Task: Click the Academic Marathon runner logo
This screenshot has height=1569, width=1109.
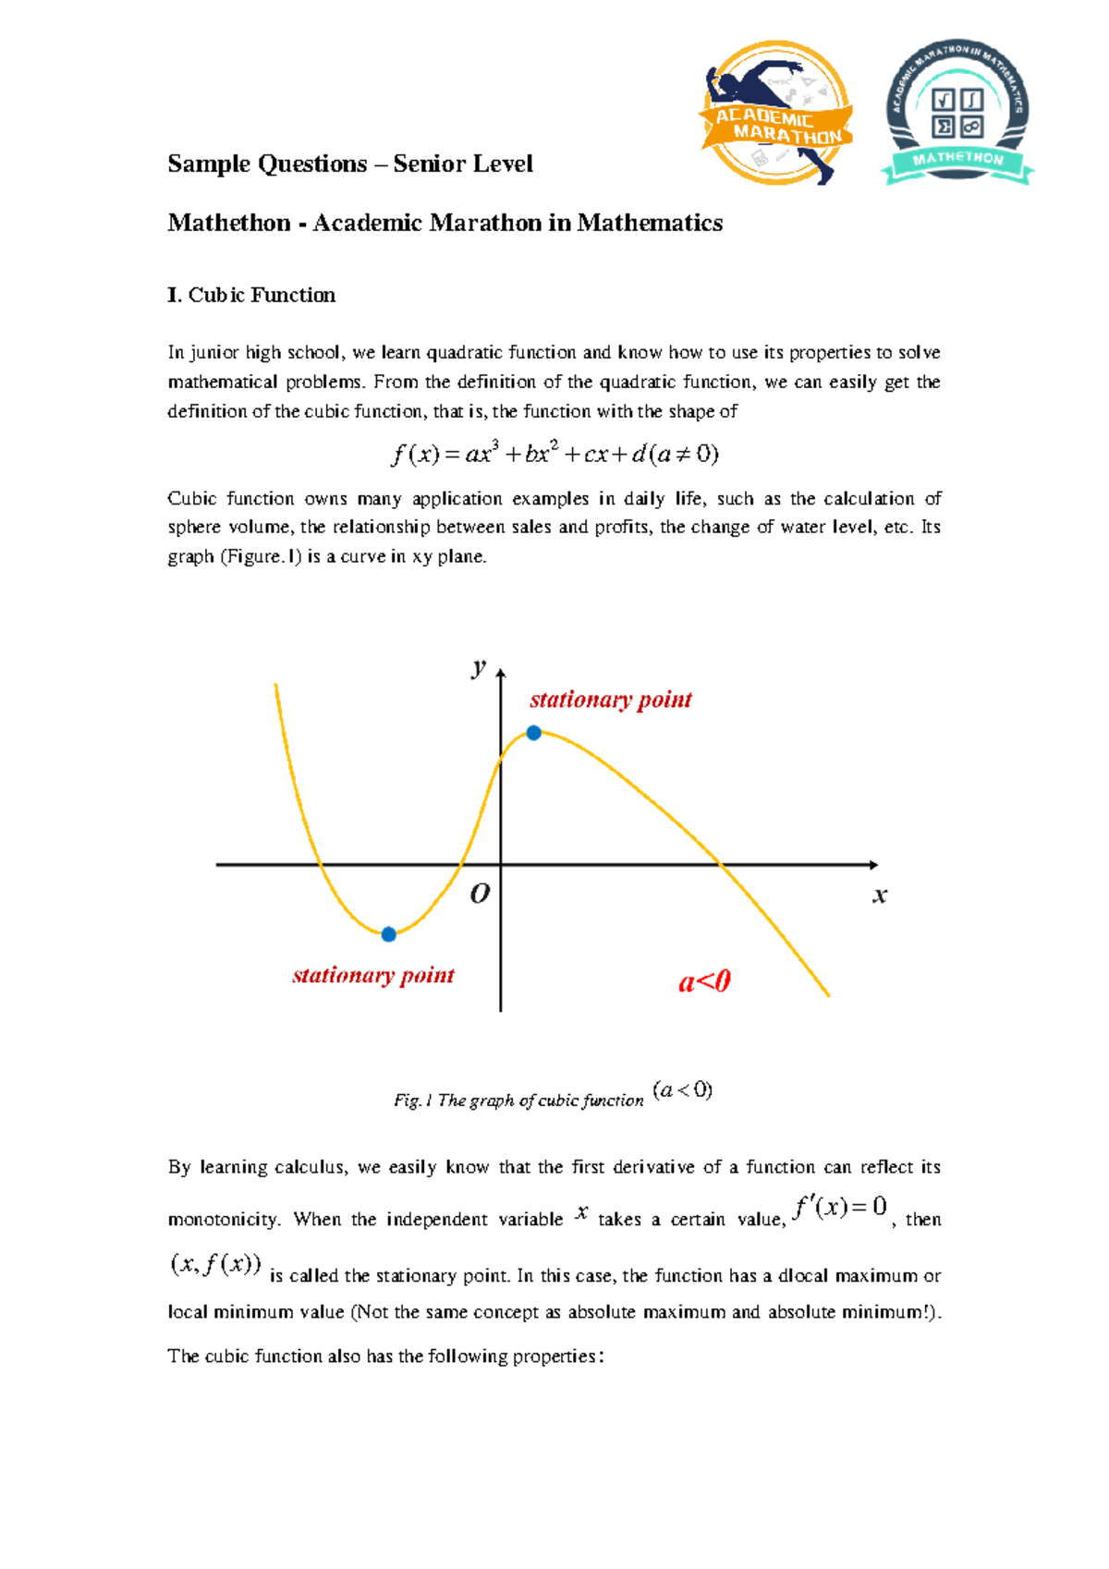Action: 775,113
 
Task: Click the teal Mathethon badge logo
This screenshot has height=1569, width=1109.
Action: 957,113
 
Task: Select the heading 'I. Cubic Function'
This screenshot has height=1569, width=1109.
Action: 251,295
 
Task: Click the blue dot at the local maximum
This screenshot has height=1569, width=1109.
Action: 533,733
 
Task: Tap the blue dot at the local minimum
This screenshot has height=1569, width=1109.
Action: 389,934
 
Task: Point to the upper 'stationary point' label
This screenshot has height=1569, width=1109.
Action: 611,699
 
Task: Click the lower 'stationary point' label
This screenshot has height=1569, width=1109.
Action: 373,975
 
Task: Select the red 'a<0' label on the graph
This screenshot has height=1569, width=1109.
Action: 704,981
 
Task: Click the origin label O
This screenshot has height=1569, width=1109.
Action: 480,894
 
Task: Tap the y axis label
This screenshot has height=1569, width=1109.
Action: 478,666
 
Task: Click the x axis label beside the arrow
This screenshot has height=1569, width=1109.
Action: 880,894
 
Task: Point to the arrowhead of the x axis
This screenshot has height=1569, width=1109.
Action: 873,865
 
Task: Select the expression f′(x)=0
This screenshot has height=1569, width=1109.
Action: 840,1207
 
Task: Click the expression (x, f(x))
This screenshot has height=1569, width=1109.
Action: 216,1264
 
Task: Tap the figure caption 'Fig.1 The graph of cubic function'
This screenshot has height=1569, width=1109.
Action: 518,1101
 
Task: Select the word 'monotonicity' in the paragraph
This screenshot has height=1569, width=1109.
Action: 223,1220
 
